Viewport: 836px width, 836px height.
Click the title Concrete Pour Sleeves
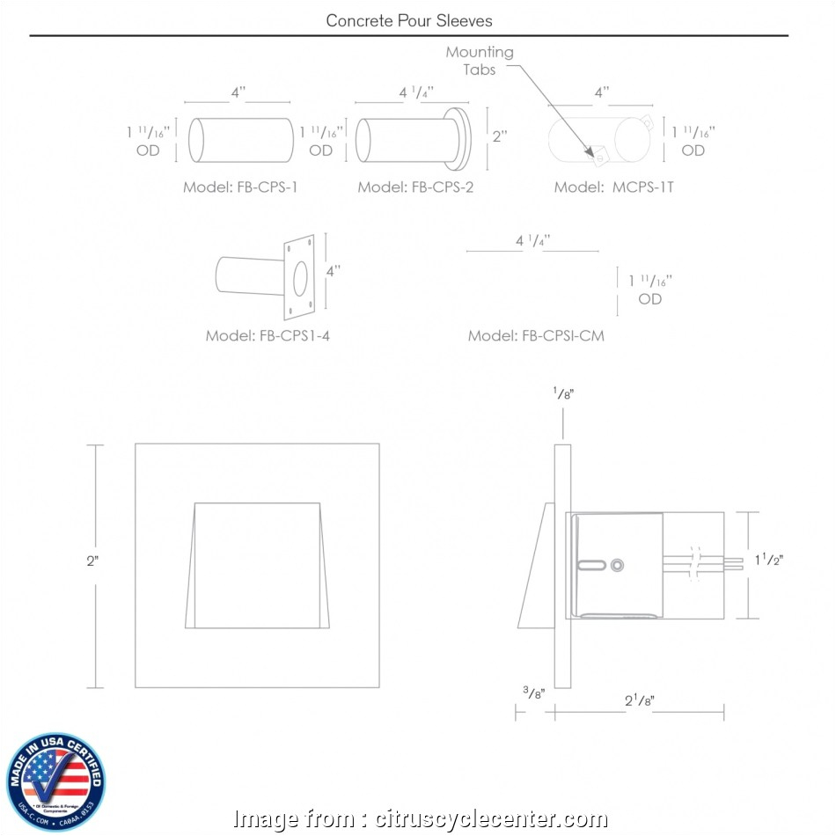point(409,19)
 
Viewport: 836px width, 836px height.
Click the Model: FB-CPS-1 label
point(240,187)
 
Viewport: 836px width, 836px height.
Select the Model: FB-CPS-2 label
point(415,187)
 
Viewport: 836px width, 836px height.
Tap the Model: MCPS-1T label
point(614,187)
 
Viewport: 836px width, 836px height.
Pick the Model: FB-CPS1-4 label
point(268,335)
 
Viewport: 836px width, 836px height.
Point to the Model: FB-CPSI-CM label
point(536,335)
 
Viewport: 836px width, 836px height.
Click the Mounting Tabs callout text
point(480,61)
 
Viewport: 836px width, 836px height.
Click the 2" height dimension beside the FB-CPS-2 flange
point(500,136)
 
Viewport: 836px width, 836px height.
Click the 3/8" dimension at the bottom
point(533,693)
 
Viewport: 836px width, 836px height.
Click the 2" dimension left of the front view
point(92,562)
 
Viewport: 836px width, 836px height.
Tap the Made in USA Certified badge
point(55,778)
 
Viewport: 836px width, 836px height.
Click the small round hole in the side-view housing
point(617,563)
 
